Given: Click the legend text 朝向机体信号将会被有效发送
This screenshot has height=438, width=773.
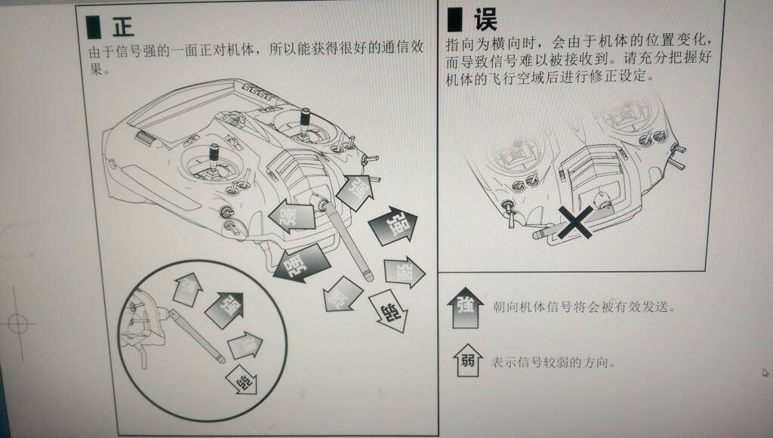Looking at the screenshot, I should click(x=581, y=307).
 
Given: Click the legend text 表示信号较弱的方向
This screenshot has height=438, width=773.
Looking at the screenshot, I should click(x=553, y=362).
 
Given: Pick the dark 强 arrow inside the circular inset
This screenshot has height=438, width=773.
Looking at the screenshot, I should click(x=226, y=307).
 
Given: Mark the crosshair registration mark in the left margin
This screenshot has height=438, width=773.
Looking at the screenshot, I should click(x=19, y=325).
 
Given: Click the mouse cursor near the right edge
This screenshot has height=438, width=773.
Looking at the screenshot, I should click(x=765, y=372).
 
